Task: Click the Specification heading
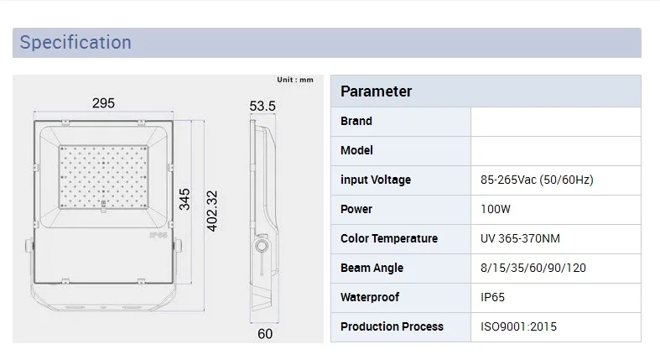[x=75, y=43]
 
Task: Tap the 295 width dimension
[x=103, y=103]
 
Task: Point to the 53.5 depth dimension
[x=262, y=106]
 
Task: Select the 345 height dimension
[x=184, y=199]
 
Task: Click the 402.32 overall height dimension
[x=212, y=211]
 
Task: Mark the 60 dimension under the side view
[x=265, y=334]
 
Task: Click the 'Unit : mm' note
[x=295, y=80]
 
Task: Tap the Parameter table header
[x=376, y=91]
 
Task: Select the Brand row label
[x=356, y=122]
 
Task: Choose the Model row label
[x=356, y=150]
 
